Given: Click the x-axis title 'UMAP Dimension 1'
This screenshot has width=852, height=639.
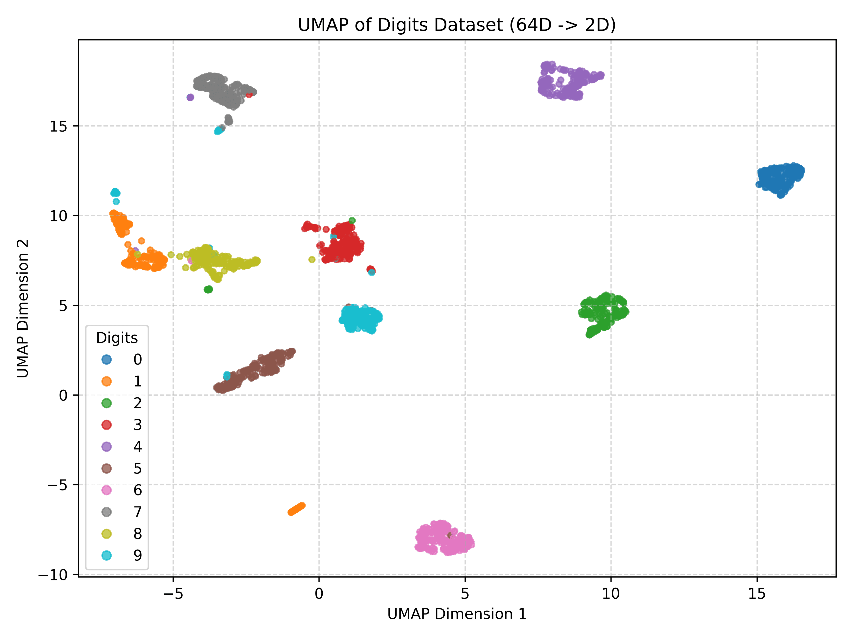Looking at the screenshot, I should click(457, 614).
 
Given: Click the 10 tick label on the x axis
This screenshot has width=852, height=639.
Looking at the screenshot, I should click(611, 594).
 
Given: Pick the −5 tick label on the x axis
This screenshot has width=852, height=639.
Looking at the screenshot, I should click(173, 594).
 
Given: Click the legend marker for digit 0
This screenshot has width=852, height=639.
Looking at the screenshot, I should click(107, 359).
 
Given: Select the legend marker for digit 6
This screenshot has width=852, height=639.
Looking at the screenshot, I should click(107, 490).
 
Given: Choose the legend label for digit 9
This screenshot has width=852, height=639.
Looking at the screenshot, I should click(138, 555).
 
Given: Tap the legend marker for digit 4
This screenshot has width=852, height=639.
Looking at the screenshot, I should click(107, 446).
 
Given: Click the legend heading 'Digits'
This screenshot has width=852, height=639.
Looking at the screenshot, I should click(117, 338).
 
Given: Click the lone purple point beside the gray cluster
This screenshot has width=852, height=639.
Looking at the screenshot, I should click(190, 97).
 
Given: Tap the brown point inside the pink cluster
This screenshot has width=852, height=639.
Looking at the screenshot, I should click(450, 535).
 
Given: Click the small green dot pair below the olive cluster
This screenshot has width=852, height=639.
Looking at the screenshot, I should click(208, 289).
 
